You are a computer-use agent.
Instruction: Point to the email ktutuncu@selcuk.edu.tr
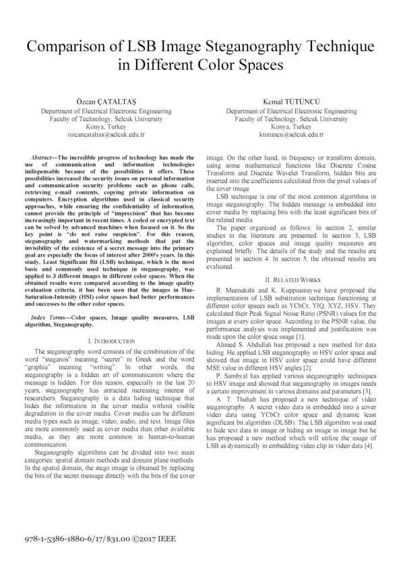click(291, 135)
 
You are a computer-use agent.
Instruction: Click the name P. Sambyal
click(236, 356)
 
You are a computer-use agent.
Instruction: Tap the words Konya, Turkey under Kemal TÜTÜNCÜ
click(291, 126)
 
